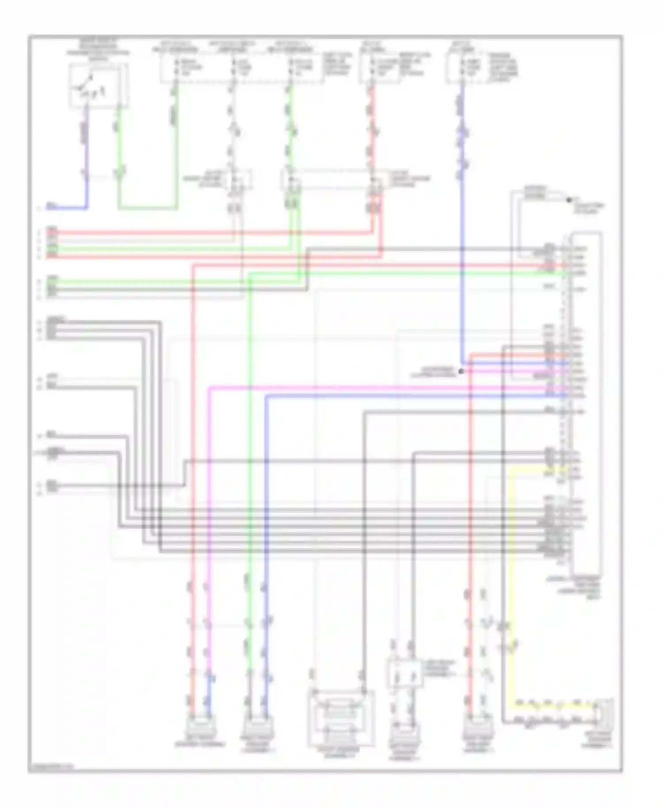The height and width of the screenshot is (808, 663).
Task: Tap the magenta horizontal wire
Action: [x=376, y=388]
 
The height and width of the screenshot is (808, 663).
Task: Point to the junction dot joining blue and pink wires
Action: [x=461, y=371]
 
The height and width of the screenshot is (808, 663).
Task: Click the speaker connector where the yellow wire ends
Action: [x=603, y=712]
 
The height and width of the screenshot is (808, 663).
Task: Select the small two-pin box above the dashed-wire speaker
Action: [x=405, y=675]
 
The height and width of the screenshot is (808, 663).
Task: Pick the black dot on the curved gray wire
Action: [x=569, y=200]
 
